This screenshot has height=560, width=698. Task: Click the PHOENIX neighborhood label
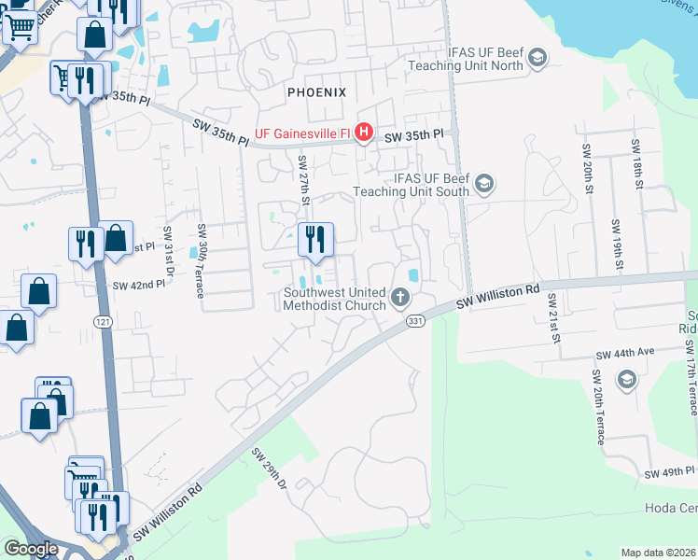pyautogui.click(x=316, y=92)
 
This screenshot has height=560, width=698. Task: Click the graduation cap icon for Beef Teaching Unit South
pyautogui.click(x=483, y=183)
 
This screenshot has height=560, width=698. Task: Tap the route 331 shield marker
pyautogui.click(x=416, y=320)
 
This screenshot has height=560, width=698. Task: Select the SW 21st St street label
pyautogui.click(x=554, y=317)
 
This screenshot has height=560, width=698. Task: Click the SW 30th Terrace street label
pyautogui.click(x=201, y=261)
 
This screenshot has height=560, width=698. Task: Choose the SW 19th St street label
pyautogui.click(x=617, y=244)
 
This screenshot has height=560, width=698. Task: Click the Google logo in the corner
pyautogui.click(x=31, y=549)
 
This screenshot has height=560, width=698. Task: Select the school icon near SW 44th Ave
pyautogui.click(x=627, y=379)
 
